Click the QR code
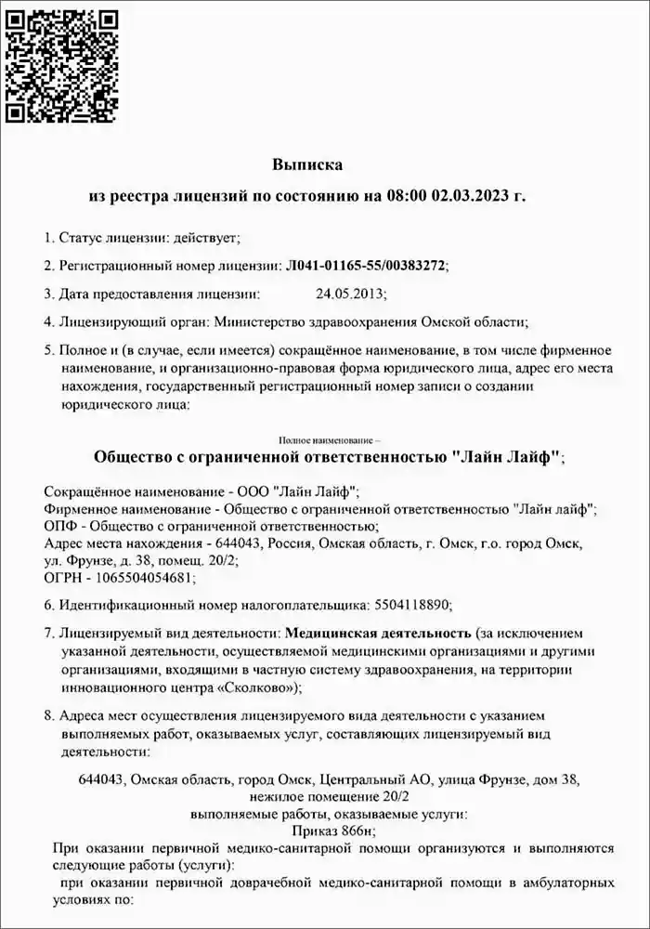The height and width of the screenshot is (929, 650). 63,63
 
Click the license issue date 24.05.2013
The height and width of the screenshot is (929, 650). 349,294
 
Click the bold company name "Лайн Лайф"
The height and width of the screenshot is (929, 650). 505,457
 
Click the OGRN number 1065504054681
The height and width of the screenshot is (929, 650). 142,577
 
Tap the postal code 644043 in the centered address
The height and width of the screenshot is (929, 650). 102,779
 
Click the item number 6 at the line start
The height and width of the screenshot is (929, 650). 48,606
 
